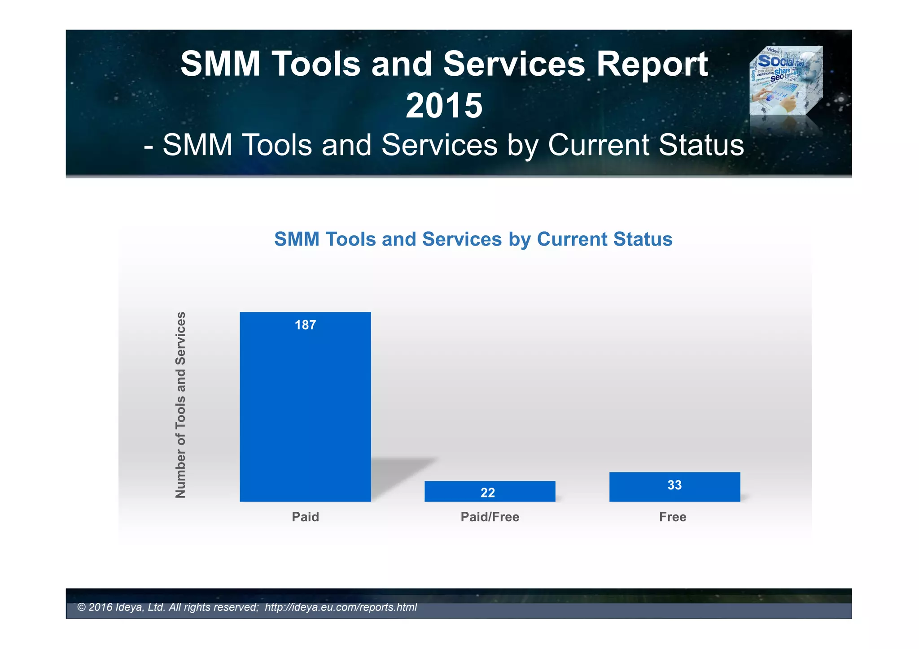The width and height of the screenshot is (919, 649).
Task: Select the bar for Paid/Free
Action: point(490,491)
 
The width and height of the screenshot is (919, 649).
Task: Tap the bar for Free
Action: point(674,487)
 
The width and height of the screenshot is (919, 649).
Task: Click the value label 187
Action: point(305,325)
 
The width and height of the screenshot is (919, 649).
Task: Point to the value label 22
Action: point(488,493)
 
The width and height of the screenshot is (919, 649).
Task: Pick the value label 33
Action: point(674,485)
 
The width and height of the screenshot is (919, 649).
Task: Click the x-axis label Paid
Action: point(305,517)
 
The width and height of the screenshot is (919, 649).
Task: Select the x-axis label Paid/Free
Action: point(490,517)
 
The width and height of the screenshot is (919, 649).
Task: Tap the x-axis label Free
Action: point(673,517)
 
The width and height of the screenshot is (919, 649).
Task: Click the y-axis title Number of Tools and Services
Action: point(180,405)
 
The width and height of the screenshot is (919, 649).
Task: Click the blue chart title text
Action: point(473,239)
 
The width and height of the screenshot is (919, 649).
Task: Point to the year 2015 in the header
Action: point(444,106)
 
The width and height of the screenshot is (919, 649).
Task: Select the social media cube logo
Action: point(786,81)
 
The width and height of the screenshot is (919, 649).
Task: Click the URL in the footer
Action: point(341,607)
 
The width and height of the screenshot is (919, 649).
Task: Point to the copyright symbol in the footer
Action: point(81,607)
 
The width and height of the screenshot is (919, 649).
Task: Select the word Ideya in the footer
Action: point(130,607)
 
